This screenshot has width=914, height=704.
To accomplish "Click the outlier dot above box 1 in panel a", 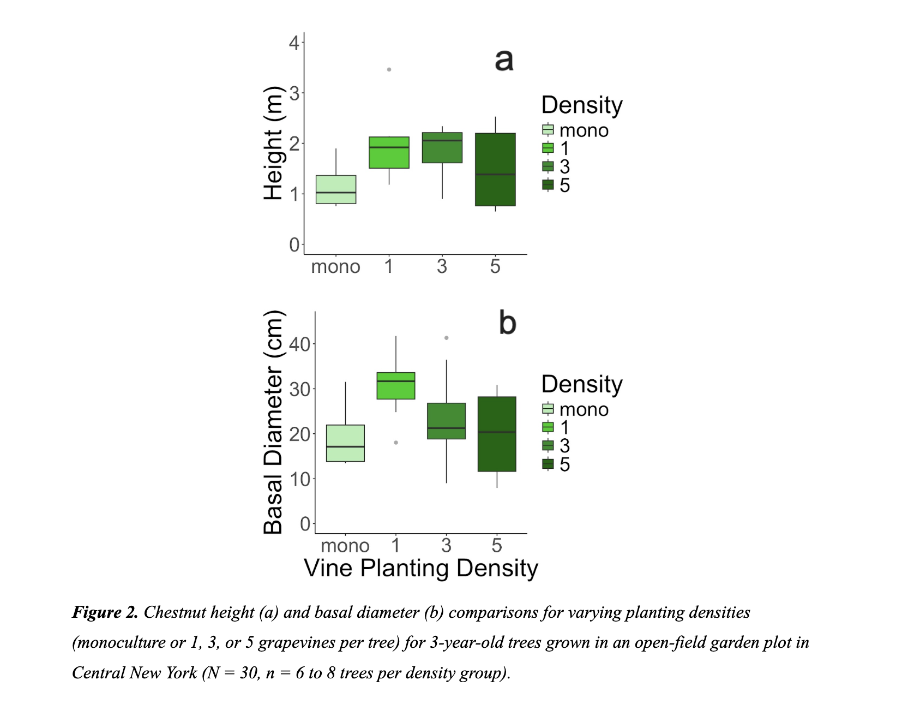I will click(389, 69).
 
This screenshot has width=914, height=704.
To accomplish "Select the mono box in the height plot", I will click(336, 189).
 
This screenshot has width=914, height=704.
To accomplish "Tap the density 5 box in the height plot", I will click(495, 169).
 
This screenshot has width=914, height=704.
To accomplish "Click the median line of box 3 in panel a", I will click(442, 141).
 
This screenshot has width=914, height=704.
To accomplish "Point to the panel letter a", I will click(504, 60).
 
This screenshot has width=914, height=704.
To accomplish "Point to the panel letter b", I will click(507, 323).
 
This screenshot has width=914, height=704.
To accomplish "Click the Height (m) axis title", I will click(274, 144).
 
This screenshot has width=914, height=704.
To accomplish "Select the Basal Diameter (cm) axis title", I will click(274, 422).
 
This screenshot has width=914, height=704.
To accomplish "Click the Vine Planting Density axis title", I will click(420, 568).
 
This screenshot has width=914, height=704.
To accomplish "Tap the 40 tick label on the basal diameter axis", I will click(299, 344).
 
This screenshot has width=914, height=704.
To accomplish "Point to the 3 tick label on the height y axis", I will click(294, 93).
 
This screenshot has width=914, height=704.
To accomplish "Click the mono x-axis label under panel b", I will click(345, 545).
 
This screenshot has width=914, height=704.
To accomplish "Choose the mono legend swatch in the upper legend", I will click(548, 130).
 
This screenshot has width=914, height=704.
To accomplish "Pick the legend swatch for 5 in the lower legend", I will click(548, 464).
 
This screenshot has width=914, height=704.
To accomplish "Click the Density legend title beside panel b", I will click(581, 384).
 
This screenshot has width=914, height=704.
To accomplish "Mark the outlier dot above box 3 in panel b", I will click(447, 338).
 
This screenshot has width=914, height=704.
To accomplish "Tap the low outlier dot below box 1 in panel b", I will click(396, 443).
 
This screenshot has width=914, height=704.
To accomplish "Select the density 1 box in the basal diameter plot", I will click(396, 386).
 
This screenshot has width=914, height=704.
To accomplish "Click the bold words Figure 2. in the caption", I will click(105, 612).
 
